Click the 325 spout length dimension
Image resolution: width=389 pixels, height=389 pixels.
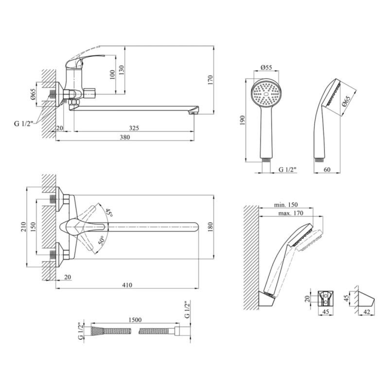134,128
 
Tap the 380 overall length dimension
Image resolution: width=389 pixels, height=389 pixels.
125,137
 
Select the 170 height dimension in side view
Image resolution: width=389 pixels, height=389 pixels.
211,80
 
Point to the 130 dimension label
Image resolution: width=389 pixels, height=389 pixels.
121,71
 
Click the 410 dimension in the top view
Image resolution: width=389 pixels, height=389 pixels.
127,285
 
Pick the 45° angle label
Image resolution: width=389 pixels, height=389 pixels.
109,212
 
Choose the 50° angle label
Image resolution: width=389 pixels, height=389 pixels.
102,241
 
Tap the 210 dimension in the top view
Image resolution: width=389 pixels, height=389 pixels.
23,227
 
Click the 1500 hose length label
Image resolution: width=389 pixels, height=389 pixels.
135,319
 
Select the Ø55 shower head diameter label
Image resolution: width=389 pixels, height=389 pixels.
266,67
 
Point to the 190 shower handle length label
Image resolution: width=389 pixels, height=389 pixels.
242,120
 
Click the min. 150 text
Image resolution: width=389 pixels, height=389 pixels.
285,205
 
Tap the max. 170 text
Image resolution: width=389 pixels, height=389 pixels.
290,213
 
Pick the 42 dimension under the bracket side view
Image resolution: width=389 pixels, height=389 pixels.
367,312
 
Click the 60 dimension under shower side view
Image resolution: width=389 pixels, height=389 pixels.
327,169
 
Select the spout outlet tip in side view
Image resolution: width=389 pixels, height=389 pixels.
193,112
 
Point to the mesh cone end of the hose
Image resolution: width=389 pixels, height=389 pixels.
97,331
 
